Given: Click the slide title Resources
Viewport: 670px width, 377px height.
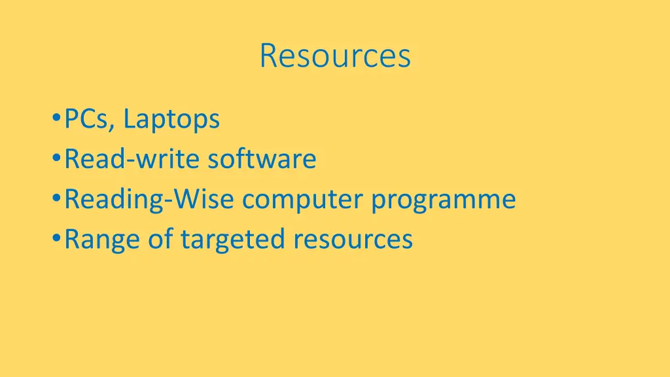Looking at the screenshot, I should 335,56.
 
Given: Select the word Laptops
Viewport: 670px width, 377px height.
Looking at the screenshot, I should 171,120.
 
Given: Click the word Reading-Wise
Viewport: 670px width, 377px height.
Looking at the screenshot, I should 149,200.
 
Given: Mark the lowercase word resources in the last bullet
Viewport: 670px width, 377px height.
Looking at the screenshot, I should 353,240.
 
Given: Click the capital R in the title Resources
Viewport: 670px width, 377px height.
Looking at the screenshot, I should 267,56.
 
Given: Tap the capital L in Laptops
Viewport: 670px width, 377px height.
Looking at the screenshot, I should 128,120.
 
